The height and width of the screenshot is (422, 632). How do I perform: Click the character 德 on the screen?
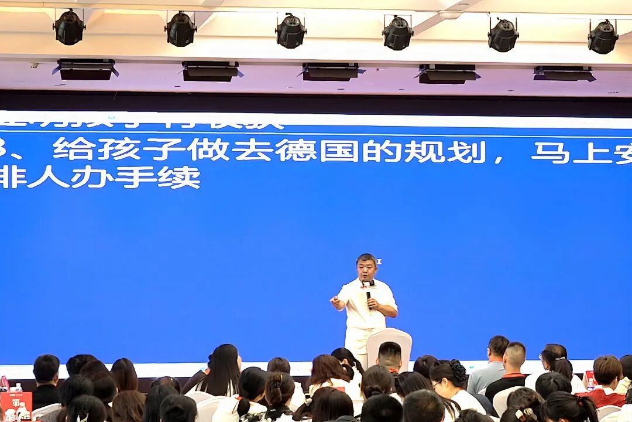tap(296, 151)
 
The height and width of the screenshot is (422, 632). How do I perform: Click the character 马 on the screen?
tap(550, 151)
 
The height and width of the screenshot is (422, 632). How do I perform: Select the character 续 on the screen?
tap(179, 177)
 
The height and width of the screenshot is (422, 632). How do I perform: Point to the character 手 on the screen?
tap(136, 177)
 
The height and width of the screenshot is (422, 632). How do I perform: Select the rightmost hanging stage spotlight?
tap(603, 37)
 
